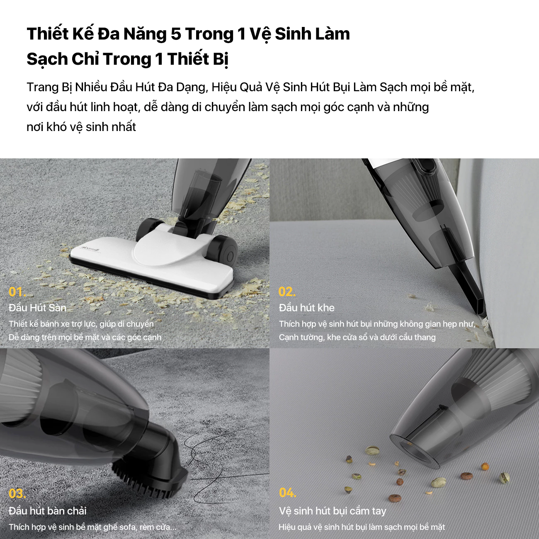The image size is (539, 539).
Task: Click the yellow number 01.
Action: pos(17,292)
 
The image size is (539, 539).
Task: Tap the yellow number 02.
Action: pos(287,292)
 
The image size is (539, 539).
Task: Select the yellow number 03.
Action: pos(17,494)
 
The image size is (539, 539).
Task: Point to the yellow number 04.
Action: pos(288,493)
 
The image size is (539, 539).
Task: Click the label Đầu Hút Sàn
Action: pos(37,308)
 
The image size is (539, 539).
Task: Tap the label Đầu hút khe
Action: pos(306,308)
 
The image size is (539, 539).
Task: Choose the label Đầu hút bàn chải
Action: pos(48,511)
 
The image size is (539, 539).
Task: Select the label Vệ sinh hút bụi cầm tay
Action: pos(332,511)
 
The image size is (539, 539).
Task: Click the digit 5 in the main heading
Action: pos(176,34)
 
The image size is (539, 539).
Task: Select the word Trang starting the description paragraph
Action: pos(43,87)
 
